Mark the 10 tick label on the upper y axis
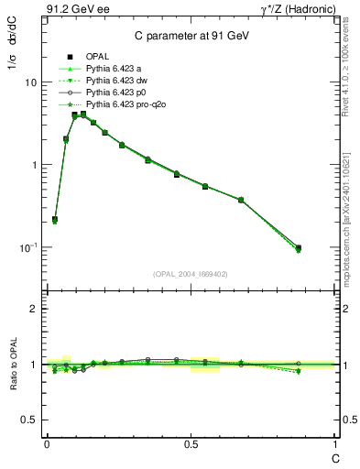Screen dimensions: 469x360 30,82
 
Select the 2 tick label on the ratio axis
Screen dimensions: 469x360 34,309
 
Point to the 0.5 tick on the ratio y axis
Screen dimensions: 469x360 29,420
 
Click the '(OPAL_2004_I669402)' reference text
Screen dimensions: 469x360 191,273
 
